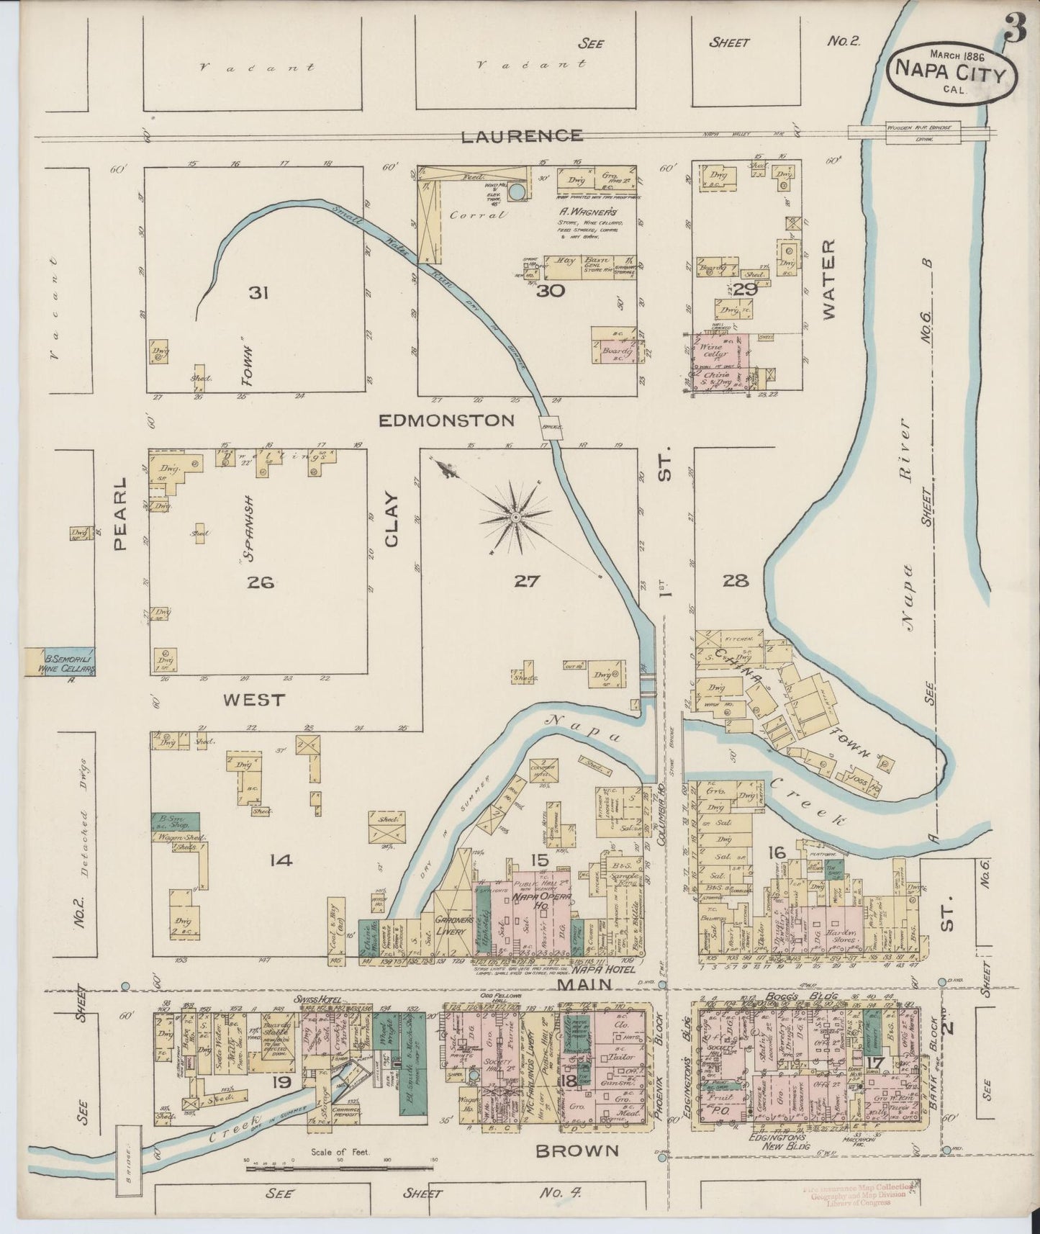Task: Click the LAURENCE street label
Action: click(x=522, y=135)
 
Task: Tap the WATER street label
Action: click(x=828, y=279)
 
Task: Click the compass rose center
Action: click(x=516, y=518)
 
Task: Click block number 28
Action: click(x=736, y=580)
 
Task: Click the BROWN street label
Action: click(x=577, y=1150)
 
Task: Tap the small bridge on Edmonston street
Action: click(x=553, y=426)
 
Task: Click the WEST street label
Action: click(x=253, y=699)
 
